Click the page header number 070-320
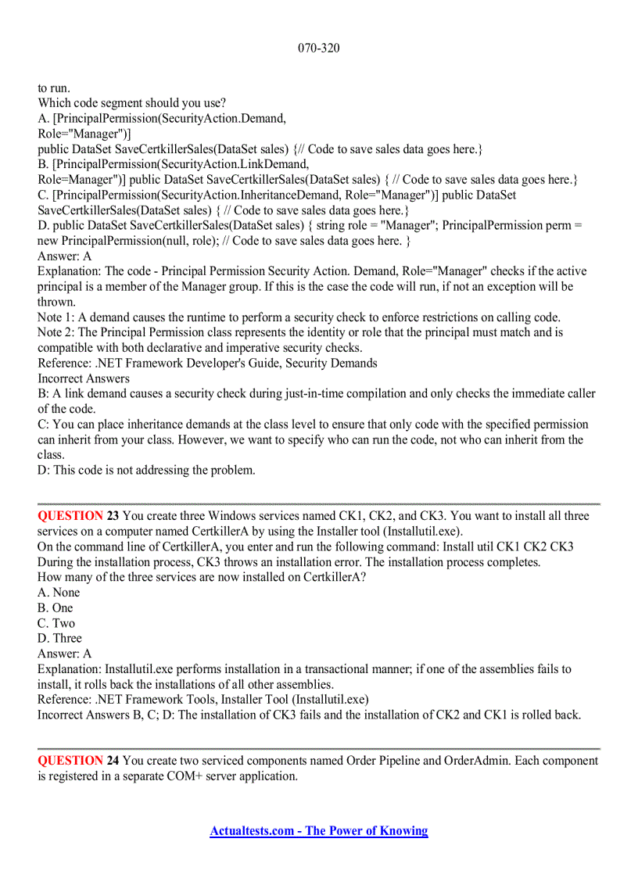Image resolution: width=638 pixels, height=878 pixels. click(318, 48)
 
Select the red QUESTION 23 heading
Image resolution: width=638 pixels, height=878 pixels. click(78, 516)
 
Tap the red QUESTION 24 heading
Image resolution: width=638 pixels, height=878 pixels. click(78, 761)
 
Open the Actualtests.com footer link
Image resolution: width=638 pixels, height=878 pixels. click(318, 831)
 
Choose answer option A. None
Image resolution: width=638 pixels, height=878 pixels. click(59, 593)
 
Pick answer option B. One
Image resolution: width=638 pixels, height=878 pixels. click(55, 608)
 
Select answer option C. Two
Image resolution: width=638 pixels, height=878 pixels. click(56, 623)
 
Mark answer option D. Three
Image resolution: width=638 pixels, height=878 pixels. click(59, 639)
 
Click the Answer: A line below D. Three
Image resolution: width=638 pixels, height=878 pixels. click(64, 654)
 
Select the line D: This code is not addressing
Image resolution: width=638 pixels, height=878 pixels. click(146, 471)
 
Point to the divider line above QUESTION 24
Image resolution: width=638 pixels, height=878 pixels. click(318, 749)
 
